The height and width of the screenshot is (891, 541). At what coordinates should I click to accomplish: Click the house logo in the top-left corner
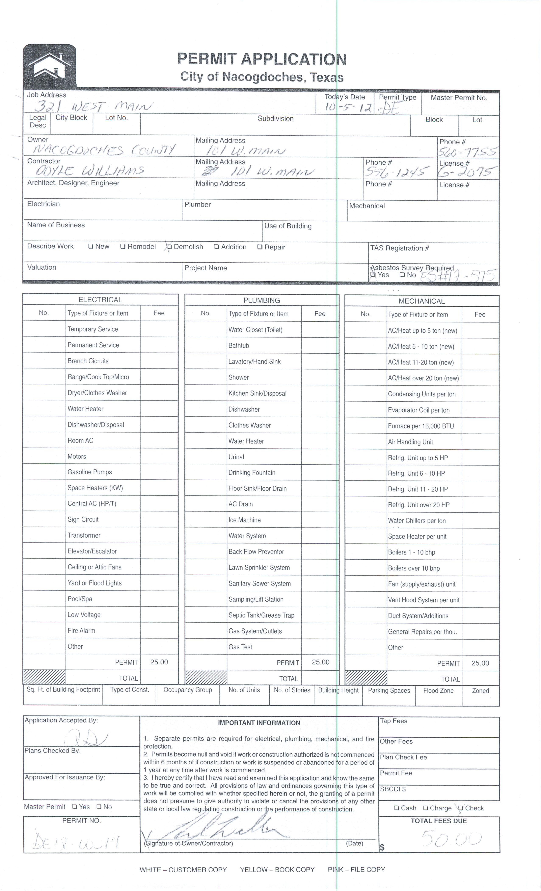(x=50, y=66)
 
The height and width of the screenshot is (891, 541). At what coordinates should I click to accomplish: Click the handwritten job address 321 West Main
(x=93, y=106)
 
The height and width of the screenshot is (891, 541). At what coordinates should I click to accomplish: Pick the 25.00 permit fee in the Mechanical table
(x=480, y=663)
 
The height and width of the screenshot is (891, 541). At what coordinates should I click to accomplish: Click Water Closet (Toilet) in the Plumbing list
(x=255, y=329)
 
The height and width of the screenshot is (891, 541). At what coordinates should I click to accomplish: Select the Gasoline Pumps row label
(x=90, y=472)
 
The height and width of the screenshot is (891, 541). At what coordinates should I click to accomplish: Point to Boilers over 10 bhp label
(x=414, y=568)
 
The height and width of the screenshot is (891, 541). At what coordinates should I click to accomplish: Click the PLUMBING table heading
(x=261, y=300)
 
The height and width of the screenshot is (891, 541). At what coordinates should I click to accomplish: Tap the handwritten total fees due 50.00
(x=451, y=839)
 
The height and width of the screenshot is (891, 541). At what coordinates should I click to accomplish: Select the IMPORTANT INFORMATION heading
(x=259, y=723)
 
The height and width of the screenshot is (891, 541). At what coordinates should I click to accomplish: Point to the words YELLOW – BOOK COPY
(x=277, y=870)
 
